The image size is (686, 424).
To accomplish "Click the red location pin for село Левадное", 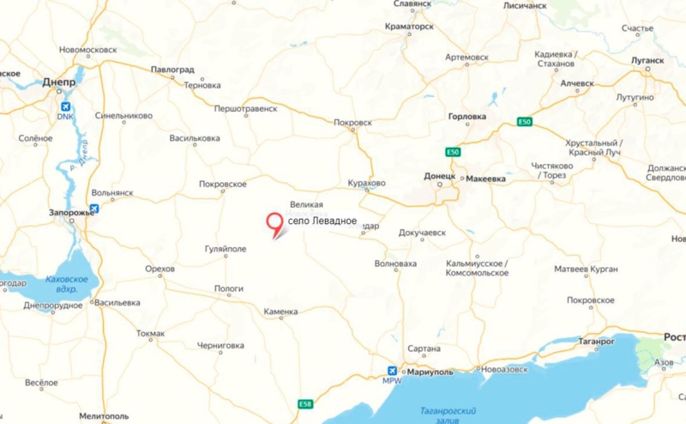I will point(275,222).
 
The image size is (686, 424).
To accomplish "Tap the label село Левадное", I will point(322,221).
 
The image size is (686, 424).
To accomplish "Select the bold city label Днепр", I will point(59,82).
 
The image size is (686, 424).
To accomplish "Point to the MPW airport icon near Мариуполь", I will point(391,370).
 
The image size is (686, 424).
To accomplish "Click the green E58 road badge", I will point(306,403).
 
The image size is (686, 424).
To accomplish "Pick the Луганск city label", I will point(647,61).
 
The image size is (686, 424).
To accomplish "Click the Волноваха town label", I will point(395,264).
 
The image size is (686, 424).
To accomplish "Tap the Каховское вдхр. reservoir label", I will point(66,285).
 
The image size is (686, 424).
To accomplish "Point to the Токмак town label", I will point(151,333).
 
